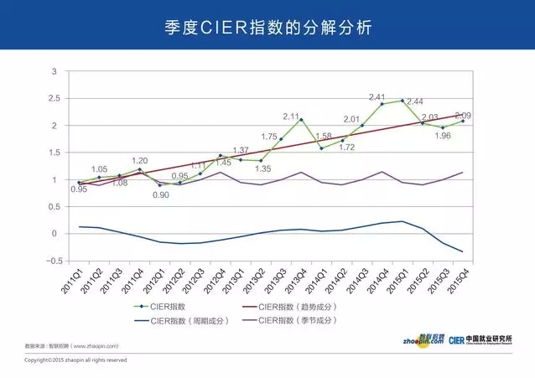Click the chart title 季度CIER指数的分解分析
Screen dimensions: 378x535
267,27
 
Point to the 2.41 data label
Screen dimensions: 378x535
377,96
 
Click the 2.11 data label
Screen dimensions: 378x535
291,117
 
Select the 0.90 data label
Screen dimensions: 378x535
161,195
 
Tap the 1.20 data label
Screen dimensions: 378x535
139,160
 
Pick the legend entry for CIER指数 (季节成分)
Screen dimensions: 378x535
296,321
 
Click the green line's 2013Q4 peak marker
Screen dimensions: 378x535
301,120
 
